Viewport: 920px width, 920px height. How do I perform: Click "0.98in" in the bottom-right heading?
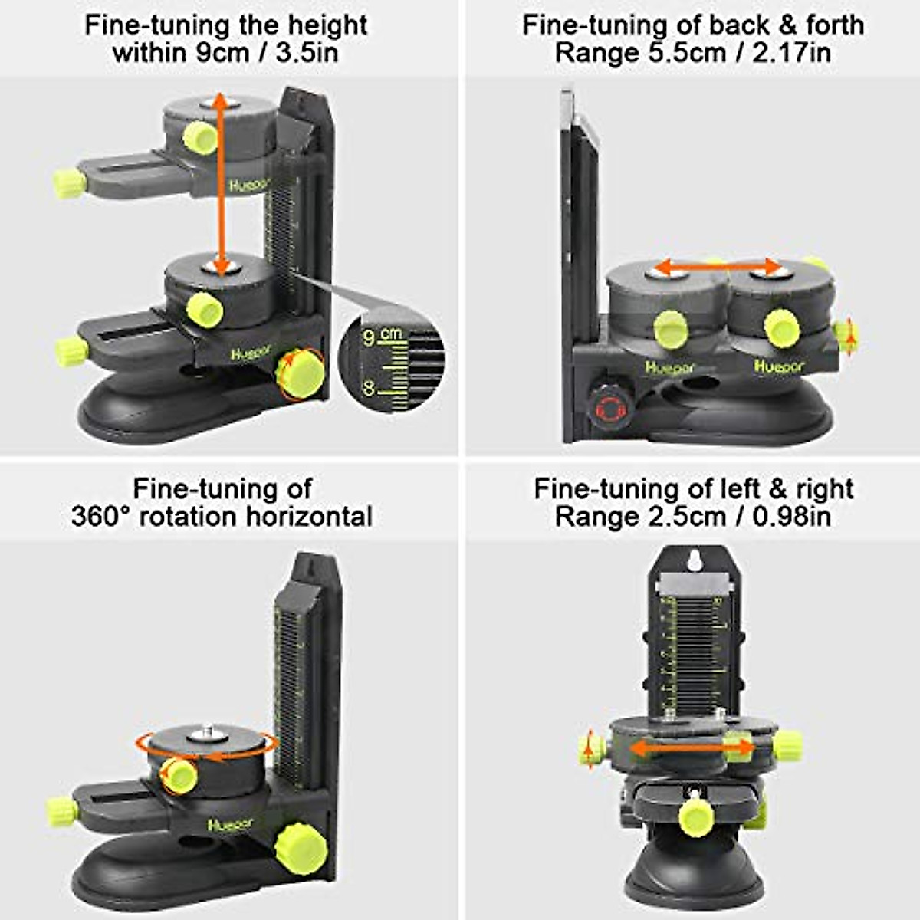[x=783, y=516]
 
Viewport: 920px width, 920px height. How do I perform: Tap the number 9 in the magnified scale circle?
[x=369, y=337]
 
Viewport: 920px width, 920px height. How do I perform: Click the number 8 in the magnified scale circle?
[x=369, y=388]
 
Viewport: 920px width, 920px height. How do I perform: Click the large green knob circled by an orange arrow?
[x=300, y=375]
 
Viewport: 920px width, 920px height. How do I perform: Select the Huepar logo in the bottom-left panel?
[x=230, y=824]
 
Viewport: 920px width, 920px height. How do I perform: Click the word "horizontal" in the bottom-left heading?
[x=309, y=516]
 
